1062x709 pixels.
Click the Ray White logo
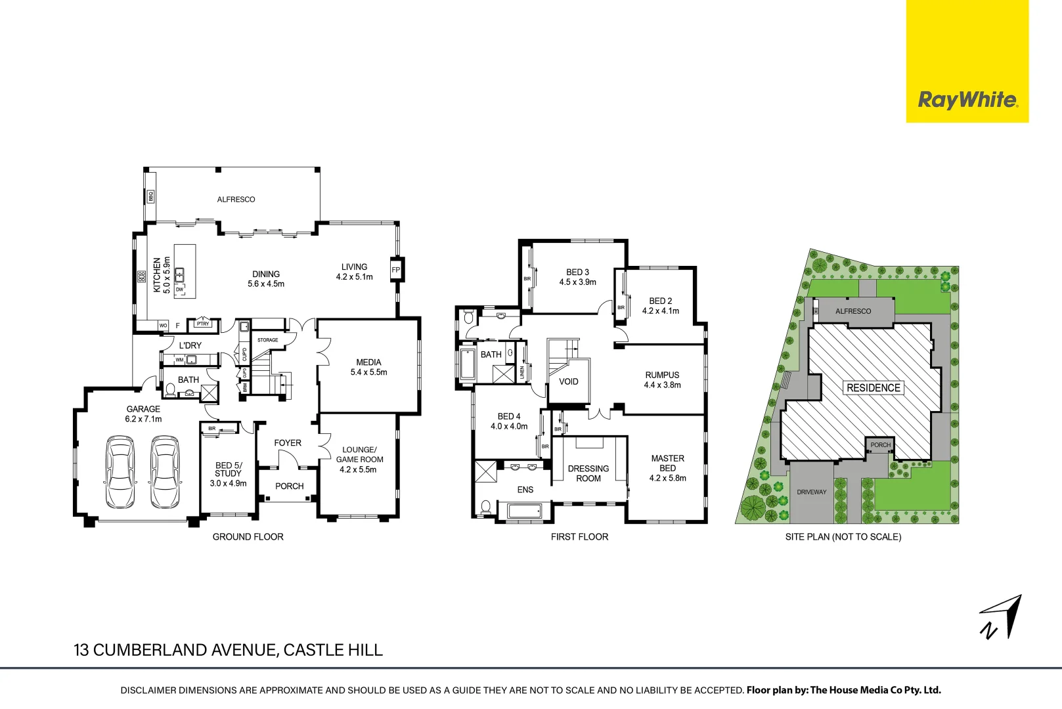[967, 100]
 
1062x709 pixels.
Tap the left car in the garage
[120, 472]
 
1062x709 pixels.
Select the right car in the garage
[166, 472]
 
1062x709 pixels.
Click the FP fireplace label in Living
[396, 270]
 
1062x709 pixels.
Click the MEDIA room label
[368, 362]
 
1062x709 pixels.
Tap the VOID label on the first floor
[569, 381]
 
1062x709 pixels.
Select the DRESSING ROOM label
[588, 473]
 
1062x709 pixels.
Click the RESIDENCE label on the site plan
[873, 388]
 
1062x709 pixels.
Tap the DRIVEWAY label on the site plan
[812, 492]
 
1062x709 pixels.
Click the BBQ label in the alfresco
[150, 196]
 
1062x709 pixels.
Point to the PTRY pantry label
[203, 324]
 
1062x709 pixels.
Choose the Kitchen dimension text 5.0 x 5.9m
[167, 275]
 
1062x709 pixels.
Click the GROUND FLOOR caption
[248, 537]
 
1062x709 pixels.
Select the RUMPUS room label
[662, 376]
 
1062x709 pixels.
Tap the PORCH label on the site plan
[881, 445]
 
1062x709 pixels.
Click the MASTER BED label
[667, 463]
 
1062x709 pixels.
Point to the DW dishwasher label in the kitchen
[179, 290]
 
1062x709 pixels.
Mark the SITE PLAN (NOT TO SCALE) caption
[843, 537]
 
